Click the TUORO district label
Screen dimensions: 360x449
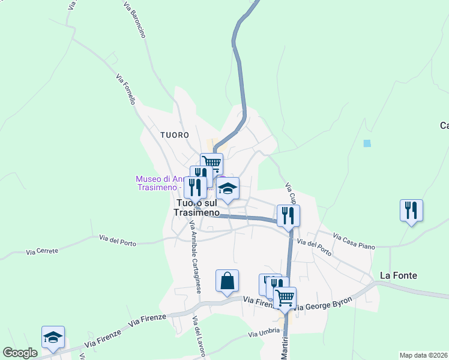(x=175, y=136)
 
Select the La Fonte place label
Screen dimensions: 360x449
(x=398, y=275)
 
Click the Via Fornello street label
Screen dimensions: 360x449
(x=125, y=89)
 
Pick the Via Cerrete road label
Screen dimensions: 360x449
(x=40, y=252)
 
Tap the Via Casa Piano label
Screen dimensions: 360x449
(x=353, y=238)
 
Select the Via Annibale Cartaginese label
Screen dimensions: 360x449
(x=195, y=258)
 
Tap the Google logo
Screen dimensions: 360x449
(x=20, y=353)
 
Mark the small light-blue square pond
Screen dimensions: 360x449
(x=367, y=143)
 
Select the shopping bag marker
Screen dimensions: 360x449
(x=227, y=281)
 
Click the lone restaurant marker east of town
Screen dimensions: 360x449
(x=411, y=211)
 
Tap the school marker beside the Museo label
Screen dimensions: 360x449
(x=228, y=188)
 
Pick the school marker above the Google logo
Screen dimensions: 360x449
(x=53, y=337)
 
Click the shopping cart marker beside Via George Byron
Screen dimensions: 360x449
(x=285, y=296)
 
